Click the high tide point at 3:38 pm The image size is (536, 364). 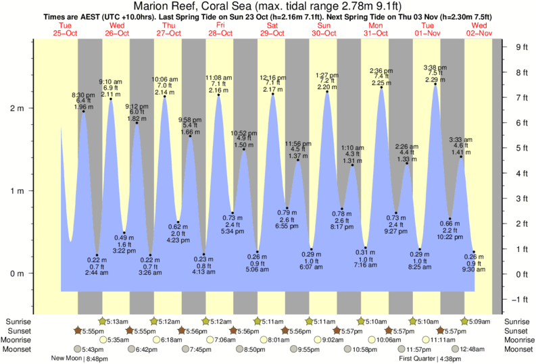point(435,84)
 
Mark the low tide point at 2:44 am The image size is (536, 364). point(97,255)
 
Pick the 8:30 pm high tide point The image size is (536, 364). point(84,111)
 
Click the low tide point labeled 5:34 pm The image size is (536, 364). point(233,213)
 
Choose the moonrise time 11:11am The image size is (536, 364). point(440,340)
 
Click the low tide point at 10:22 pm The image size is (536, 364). point(450,219)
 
